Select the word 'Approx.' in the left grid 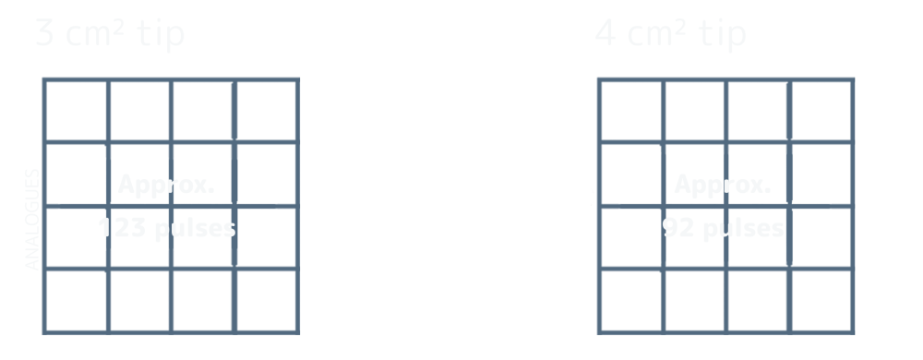[x=166, y=186]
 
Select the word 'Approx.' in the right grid [x=723, y=186]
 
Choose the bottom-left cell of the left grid [x=75, y=300]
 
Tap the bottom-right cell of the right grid [x=819, y=299]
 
